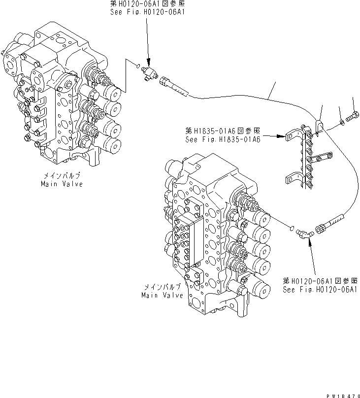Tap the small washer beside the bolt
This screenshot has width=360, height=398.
(x=341, y=121)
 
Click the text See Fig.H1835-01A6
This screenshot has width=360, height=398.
(x=223, y=139)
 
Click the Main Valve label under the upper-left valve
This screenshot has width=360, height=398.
(x=62, y=184)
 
